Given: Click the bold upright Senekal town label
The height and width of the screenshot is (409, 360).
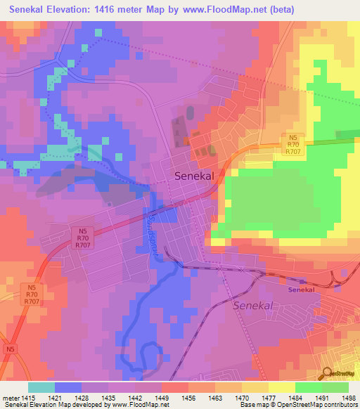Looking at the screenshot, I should [194, 178].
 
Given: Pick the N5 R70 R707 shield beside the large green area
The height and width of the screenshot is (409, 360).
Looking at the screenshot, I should [293, 143].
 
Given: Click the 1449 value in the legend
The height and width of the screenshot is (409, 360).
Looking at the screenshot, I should [161, 398].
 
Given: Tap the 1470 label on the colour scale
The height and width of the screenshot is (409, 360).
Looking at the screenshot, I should [241, 398].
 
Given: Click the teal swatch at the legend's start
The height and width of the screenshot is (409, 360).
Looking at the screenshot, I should [41, 387].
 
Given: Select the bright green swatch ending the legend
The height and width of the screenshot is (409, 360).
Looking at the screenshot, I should [335, 387].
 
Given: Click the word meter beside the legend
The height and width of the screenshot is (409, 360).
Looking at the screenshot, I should [10, 398].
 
